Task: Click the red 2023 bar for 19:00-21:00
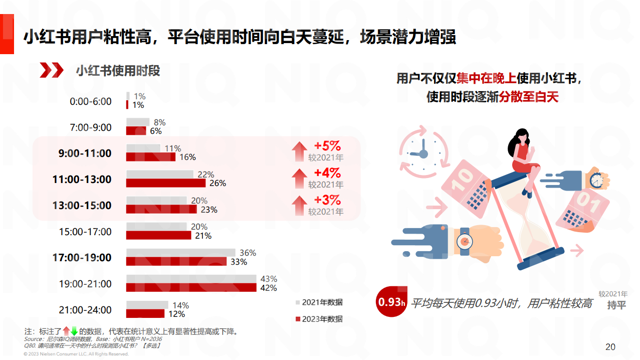tap(191, 288)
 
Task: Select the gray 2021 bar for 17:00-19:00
tap(180, 253)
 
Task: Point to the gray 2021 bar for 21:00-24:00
tap(147, 305)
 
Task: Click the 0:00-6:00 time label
tap(91, 101)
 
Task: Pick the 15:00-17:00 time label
tap(85, 232)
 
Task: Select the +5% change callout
tap(327, 146)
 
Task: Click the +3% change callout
tap(327, 200)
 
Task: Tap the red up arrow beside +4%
tap(299, 178)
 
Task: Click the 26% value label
tap(218, 184)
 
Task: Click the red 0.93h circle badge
tap(391, 302)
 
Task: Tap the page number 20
tap(610, 347)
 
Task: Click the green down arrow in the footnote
tap(74, 331)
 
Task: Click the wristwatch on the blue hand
tap(465, 242)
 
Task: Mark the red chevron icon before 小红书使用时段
tap(52, 71)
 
